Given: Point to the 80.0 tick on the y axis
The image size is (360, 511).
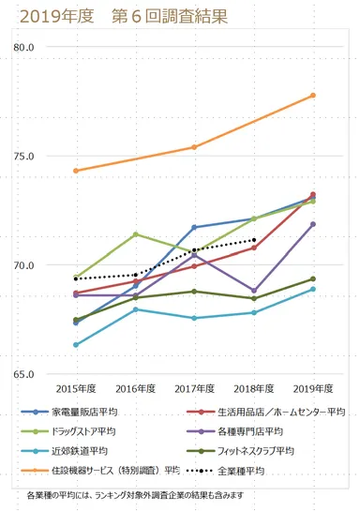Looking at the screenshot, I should [24, 48].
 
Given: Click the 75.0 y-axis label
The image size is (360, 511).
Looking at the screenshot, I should [24, 157].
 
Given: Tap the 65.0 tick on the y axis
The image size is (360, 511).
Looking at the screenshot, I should [24, 374].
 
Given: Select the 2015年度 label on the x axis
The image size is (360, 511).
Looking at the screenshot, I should [75, 388].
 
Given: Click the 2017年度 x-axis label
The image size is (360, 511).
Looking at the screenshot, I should [194, 388].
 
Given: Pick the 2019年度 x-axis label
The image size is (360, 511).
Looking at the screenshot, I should [312, 388].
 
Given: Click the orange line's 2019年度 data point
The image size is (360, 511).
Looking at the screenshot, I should [313, 96].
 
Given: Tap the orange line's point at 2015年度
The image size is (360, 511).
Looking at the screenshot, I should [76, 171].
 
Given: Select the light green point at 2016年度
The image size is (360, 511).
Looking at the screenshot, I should [136, 234].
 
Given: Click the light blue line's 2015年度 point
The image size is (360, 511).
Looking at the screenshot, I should [76, 345].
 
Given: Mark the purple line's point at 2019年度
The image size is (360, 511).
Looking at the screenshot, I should [313, 224].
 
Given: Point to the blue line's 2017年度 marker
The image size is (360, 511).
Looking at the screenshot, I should [194, 227].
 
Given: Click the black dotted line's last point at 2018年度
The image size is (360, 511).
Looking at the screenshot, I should [254, 240].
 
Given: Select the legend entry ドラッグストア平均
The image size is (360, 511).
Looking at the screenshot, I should [90, 431].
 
